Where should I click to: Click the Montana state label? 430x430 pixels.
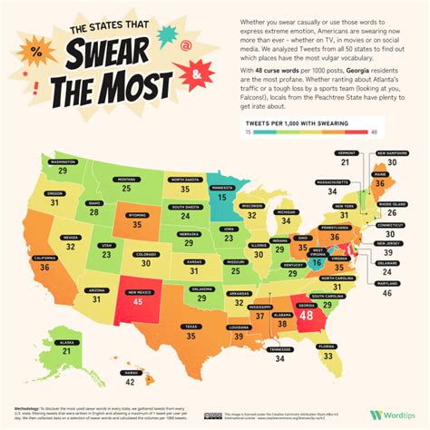coord(126,178)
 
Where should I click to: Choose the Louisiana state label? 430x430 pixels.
coord(239,327)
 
